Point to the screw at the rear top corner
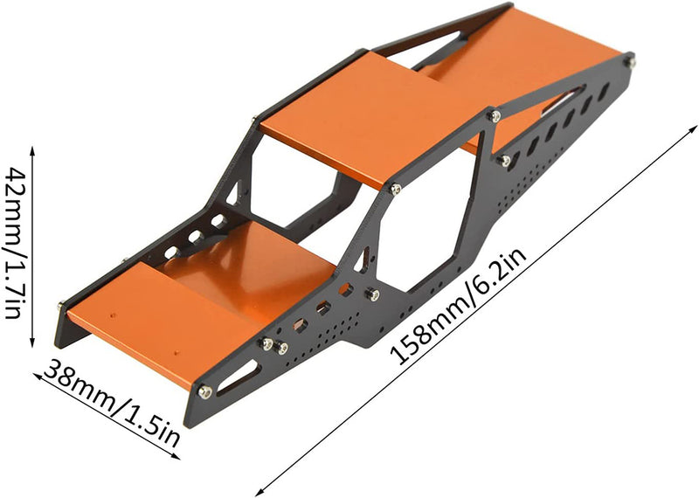coord(628,60)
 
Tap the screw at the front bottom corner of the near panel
coord(204,391)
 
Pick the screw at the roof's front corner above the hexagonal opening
coord(396,189)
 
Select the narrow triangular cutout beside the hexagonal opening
coord(363,259)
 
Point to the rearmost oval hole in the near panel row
coord(604,91)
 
